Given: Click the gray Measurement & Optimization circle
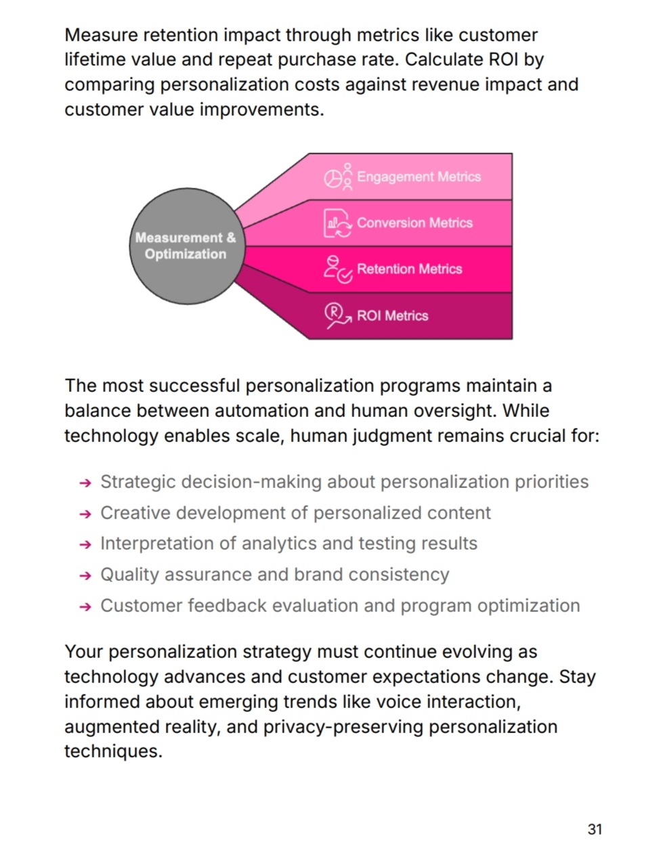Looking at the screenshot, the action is pos(187,246).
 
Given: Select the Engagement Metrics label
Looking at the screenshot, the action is pos(418,177).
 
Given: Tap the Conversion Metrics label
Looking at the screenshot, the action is pos(414,223).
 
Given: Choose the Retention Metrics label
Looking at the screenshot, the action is pos(410,269).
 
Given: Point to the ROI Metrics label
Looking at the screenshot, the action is pos(392,315).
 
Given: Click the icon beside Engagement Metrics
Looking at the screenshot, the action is pos(338,177).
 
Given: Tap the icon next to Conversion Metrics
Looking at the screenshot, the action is pos(338,223).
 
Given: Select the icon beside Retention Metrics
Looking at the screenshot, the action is pos(338,269).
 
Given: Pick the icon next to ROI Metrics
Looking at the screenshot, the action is pos(338,315).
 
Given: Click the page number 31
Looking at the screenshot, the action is pos(595,829).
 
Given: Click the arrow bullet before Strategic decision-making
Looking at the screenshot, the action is pos(85,483).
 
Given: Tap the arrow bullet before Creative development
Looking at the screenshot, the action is pos(85,514).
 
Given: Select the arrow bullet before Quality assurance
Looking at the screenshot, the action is pos(85,576).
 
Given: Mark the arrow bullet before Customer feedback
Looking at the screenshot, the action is pos(85,606).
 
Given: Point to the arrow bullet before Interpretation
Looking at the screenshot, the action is pos(85,545).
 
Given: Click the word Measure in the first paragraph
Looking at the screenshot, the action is pos(101,35).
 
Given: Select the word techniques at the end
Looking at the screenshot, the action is pos(113,751).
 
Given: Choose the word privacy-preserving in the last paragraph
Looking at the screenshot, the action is pos(343,727).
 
